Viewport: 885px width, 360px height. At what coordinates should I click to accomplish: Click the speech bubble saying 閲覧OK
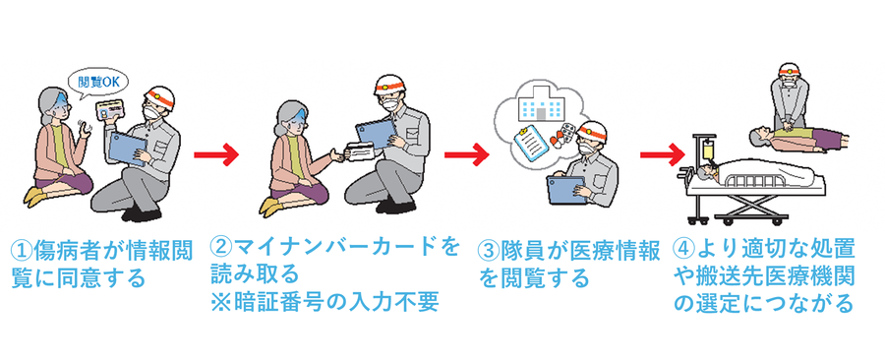pyautogui.click(x=97, y=83)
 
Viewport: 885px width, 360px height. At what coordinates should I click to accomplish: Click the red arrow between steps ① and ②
pyautogui.click(x=216, y=154)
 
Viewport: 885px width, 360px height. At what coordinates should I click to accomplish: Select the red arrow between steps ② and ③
pyautogui.click(x=466, y=154)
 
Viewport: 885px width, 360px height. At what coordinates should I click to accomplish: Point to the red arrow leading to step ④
pyautogui.click(x=662, y=154)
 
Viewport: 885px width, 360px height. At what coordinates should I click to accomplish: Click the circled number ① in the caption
pyautogui.click(x=23, y=251)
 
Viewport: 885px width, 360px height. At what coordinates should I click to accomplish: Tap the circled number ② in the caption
pyautogui.click(x=220, y=248)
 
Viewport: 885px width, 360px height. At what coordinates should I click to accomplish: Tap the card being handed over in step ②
pyautogui.click(x=358, y=151)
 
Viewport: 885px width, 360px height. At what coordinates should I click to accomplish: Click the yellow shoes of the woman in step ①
pyautogui.click(x=36, y=197)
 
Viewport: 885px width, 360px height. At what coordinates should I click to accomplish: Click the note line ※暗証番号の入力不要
pyautogui.click(x=324, y=303)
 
